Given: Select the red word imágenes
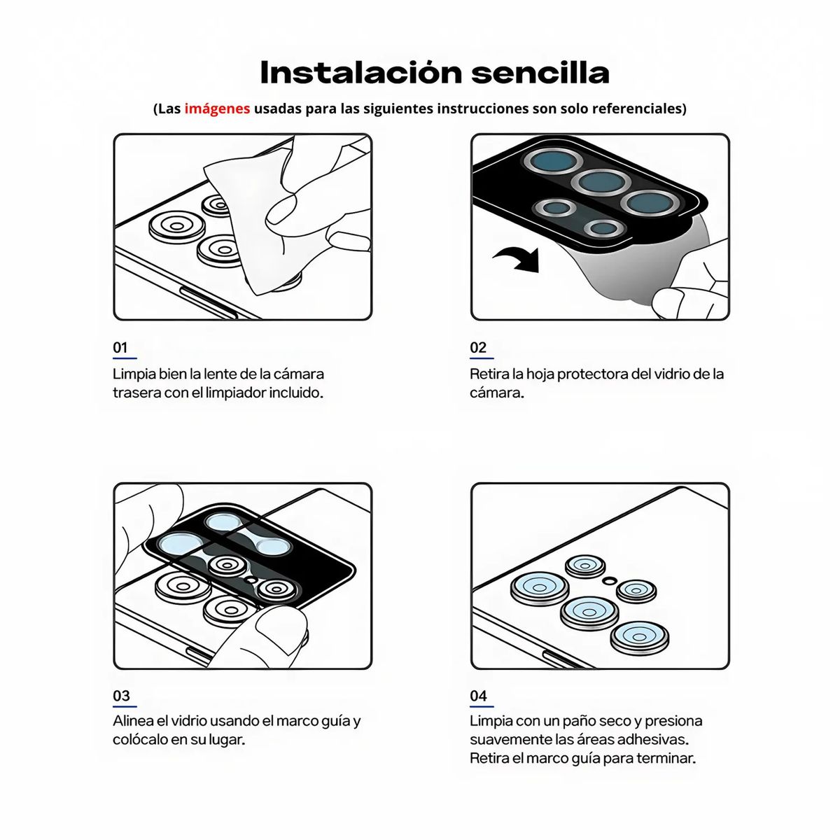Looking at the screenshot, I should [x=217, y=108].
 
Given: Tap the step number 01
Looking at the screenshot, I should [x=120, y=348].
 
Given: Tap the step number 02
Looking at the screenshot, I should [x=478, y=348].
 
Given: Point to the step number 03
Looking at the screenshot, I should [x=121, y=696].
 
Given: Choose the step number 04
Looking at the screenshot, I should [x=479, y=696].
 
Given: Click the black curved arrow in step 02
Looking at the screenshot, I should [x=518, y=260].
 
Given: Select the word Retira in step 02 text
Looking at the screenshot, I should [x=489, y=374].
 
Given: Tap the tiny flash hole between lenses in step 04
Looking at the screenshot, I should [x=609, y=580].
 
